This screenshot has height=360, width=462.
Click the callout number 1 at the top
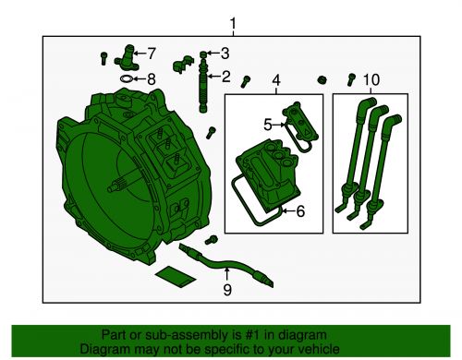click(233, 23)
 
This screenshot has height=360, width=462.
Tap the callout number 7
click(152, 53)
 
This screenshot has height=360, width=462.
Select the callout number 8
click(152, 79)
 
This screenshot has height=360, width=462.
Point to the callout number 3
click(225, 53)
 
